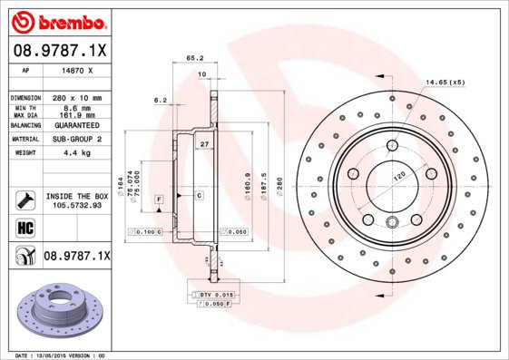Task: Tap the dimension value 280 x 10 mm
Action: point(75,97)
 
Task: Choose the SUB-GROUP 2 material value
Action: point(75,140)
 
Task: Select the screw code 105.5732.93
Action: point(76,204)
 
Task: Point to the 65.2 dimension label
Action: point(193,57)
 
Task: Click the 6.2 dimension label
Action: point(161,100)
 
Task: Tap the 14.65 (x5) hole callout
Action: point(445,83)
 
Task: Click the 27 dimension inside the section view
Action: point(204,144)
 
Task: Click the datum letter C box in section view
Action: point(198,196)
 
